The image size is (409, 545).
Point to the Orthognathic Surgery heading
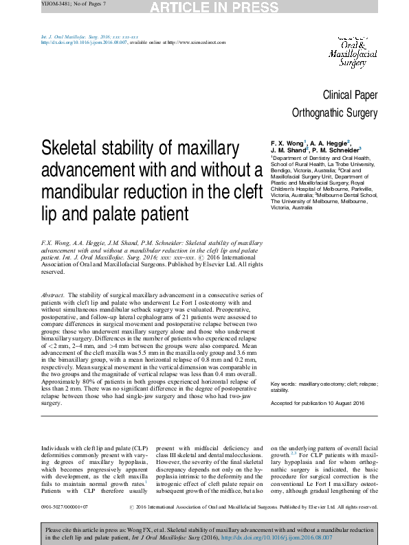point(335,113)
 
